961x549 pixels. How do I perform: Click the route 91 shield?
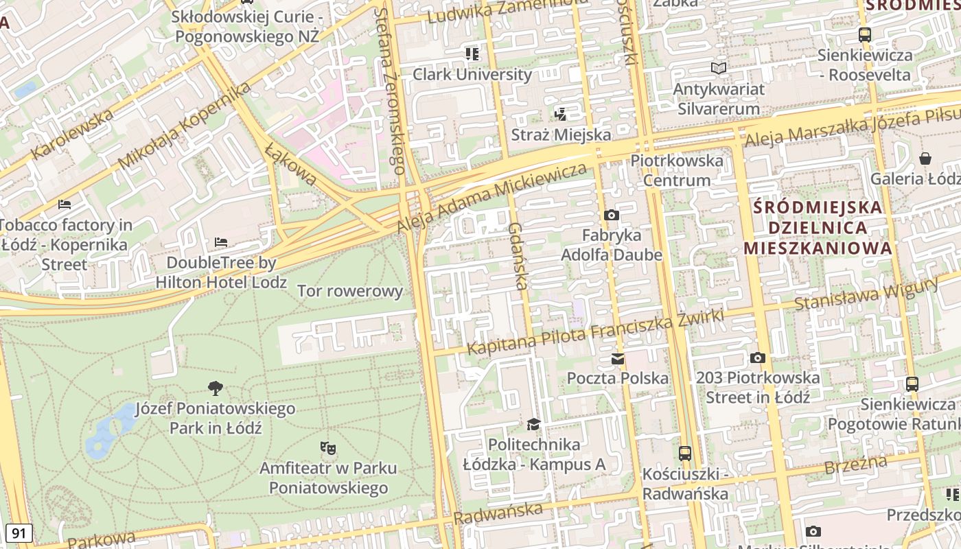point(19,533)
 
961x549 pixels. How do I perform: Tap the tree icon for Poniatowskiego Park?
point(216,388)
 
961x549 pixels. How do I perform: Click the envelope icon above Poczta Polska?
point(618,358)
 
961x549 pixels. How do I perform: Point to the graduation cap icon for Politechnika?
point(534,424)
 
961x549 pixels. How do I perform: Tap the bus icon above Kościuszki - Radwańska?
point(684,453)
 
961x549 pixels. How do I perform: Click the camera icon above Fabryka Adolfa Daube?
point(611,215)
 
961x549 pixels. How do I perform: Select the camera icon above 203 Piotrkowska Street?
point(758,358)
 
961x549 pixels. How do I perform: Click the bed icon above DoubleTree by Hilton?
point(220,242)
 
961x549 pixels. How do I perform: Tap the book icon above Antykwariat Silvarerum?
point(718,68)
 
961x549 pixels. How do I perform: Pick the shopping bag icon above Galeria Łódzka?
point(925,159)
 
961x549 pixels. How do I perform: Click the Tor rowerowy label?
point(349,291)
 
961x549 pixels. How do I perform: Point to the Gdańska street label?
point(518,255)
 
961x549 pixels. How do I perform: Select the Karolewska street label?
point(71,133)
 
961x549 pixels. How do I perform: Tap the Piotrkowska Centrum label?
point(677,170)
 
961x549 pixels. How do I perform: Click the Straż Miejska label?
point(561,135)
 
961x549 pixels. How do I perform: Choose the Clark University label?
point(472,74)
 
